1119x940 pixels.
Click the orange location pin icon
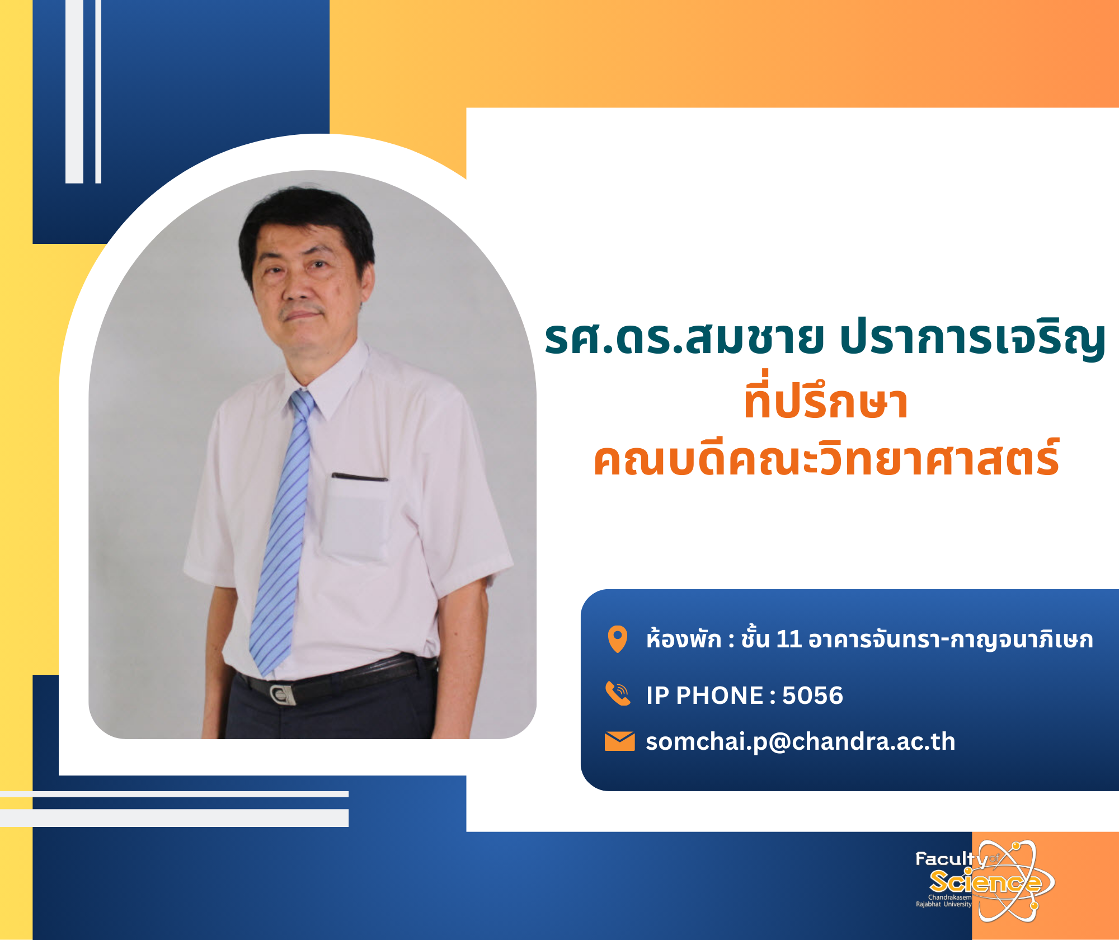coord(618,639)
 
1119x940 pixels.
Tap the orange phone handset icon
coord(618,694)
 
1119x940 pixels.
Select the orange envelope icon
coord(620,741)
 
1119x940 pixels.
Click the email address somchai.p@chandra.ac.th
coord(801,742)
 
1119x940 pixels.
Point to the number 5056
coord(812,695)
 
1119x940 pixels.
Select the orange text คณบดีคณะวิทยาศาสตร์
coord(826,457)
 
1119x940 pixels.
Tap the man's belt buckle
coord(282,694)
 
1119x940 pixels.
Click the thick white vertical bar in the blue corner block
coord(74,92)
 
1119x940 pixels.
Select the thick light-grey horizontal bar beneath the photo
coord(174,818)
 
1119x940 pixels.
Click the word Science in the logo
coord(985,882)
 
